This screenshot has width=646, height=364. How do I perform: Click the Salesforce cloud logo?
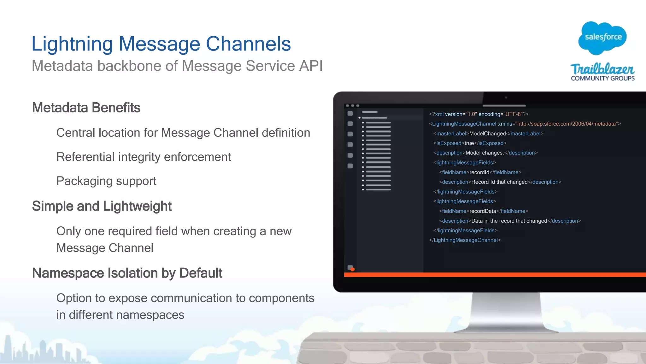click(x=603, y=38)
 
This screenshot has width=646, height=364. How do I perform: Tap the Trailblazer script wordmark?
click(x=602, y=69)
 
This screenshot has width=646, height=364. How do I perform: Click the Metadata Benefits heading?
click(x=86, y=108)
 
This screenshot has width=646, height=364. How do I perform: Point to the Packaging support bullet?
click(x=106, y=181)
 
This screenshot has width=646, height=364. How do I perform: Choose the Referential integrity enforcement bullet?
click(x=144, y=157)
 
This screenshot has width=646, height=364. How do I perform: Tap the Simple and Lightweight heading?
click(x=102, y=206)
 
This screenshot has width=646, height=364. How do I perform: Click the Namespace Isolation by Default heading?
click(x=127, y=273)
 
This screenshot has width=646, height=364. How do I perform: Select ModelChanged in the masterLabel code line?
click(x=487, y=134)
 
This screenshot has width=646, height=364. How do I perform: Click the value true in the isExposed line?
click(x=469, y=143)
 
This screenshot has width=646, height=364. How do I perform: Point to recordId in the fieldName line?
click(x=479, y=172)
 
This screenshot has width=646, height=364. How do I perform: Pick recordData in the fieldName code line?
click(x=483, y=211)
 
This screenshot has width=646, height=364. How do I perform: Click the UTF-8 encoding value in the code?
click(x=513, y=114)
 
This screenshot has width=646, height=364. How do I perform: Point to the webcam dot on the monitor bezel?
click(x=506, y=98)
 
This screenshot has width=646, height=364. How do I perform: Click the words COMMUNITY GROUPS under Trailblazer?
click(x=602, y=78)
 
